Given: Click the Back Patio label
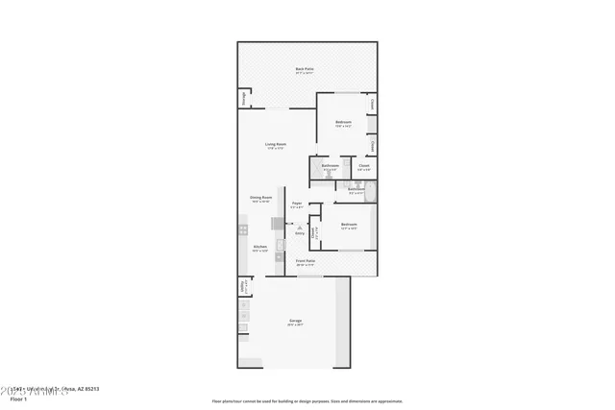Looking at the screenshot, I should (306, 69).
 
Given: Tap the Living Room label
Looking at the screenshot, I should (277, 146).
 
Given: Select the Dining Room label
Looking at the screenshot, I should (261, 199).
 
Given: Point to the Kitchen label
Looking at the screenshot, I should (259, 248).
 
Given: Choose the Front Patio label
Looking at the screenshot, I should (306, 262).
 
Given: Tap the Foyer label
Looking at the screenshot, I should (297, 205).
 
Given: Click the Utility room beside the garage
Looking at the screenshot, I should (241, 286).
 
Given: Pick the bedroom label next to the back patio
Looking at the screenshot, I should (343, 123).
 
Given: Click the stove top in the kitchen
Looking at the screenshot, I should (242, 233).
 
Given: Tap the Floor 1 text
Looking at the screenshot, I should (19, 398).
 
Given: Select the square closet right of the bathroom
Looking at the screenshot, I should (364, 167).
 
